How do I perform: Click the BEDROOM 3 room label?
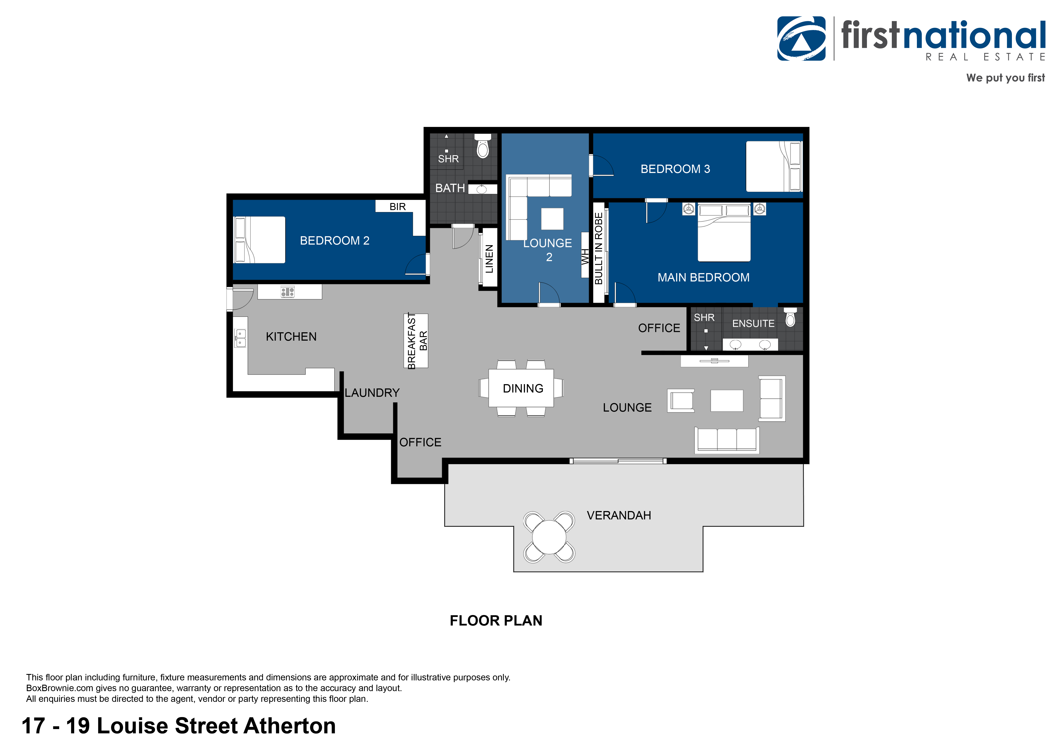[x=675, y=169]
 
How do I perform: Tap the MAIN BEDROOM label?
[x=704, y=278]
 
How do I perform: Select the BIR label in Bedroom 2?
[x=398, y=207]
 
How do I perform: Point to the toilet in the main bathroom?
[x=483, y=146]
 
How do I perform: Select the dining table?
[x=521, y=388]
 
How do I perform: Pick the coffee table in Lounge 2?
[x=552, y=219]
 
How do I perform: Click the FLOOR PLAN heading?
[x=496, y=620]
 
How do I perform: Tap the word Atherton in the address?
[x=290, y=726]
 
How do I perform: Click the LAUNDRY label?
[x=372, y=393]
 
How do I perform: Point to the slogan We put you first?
[x=1006, y=78]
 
